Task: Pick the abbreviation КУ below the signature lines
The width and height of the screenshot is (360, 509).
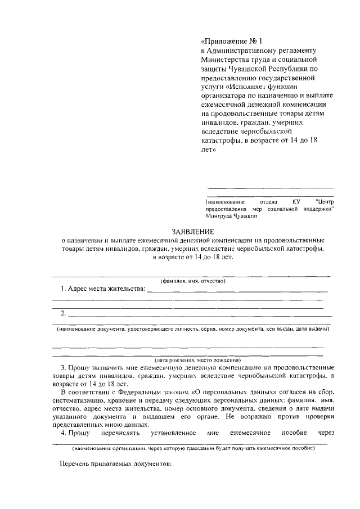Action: click(296, 201)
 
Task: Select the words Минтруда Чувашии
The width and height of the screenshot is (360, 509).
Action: click(231, 215)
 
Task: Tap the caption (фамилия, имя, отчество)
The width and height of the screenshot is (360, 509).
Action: click(192, 280)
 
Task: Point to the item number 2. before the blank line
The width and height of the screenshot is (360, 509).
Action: click(64, 313)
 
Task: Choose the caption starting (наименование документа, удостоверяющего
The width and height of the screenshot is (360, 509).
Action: click(191, 329)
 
